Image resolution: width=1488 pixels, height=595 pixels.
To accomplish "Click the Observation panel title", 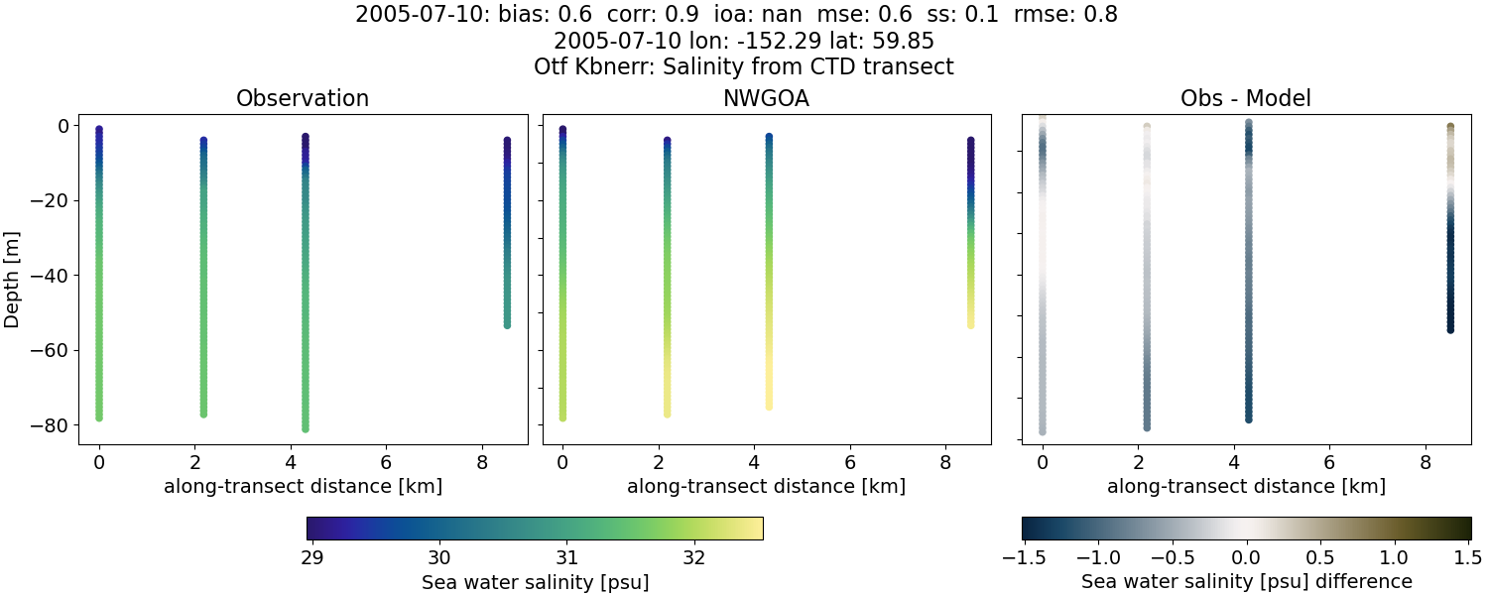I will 303,98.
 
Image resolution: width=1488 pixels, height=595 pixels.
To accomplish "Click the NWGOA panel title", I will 766,98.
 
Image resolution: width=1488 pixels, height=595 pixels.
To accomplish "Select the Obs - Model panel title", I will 1245,98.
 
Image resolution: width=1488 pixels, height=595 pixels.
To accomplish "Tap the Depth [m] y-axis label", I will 13,276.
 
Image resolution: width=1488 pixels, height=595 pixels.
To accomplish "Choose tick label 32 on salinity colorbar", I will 693,556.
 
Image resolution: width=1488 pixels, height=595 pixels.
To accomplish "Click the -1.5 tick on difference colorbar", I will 1022,556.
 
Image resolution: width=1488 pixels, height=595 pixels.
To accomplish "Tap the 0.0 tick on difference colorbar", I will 1246,556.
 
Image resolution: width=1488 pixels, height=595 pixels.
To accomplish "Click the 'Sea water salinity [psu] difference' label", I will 1246,581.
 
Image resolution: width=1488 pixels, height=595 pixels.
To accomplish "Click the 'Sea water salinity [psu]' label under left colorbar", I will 535,581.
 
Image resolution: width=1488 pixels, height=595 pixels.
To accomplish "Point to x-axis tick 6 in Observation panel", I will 386,462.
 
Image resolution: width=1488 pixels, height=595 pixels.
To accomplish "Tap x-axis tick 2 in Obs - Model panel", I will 1138,462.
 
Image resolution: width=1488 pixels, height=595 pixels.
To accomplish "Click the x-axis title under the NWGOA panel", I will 766,487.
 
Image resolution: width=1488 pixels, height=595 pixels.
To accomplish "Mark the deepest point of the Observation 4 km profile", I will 306,428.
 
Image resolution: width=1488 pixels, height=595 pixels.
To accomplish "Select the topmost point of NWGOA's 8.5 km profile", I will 970,141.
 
